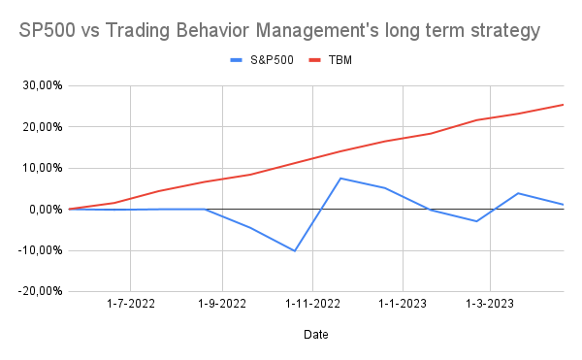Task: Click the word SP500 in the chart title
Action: (x=48, y=32)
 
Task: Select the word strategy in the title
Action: (x=497, y=32)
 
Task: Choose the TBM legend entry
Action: (x=336, y=59)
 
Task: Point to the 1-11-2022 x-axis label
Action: (x=311, y=304)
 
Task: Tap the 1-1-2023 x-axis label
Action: (x=401, y=304)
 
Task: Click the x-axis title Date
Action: (x=314, y=336)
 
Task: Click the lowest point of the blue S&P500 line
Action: (x=295, y=250)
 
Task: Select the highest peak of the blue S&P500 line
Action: (x=340, y=178)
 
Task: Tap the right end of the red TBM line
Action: (x=564, y=105)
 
